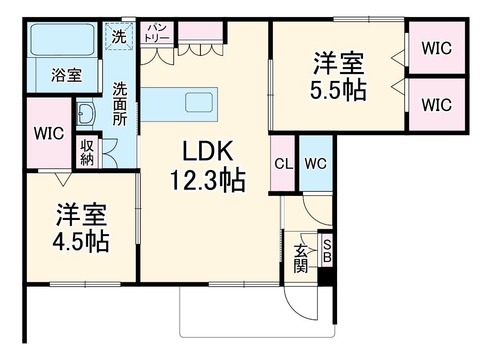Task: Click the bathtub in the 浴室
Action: point(62,39)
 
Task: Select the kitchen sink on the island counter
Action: point(199,102)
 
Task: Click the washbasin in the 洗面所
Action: point(86,114)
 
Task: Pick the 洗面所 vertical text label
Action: point(120,104)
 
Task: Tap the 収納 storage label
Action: point(88,152)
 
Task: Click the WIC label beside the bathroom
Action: point(48,134)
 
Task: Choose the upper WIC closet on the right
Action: point(436,48)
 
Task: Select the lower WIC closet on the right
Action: point(436,105)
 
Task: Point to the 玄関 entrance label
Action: point(301,259)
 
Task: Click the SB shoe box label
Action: point(327,251)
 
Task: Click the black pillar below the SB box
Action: point(327,277)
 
